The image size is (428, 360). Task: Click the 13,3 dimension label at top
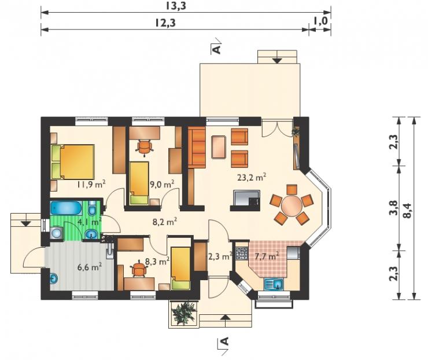(176, 6)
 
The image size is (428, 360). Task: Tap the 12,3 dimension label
(165, 23)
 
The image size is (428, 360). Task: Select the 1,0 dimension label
(320, 21)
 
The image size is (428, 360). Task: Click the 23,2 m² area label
(252, 178)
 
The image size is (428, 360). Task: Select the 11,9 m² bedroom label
(91, 185)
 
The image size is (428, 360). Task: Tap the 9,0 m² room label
(162, 185)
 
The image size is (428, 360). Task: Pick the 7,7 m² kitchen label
(267, 256)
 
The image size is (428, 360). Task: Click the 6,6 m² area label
(90, 267)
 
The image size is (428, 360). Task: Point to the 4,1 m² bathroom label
(90, 222)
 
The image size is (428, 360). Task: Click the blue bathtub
(66, 209)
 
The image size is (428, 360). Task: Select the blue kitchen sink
(274, 284)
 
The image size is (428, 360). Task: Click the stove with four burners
(241, 253)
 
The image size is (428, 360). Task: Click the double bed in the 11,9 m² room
(73, 161)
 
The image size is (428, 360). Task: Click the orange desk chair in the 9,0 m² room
(144, 148)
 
